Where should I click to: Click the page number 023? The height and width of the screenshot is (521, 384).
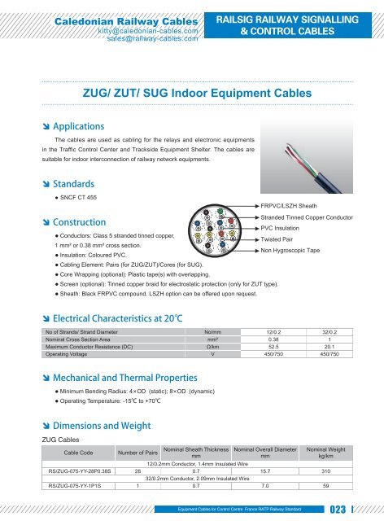[x=357, y=510]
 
